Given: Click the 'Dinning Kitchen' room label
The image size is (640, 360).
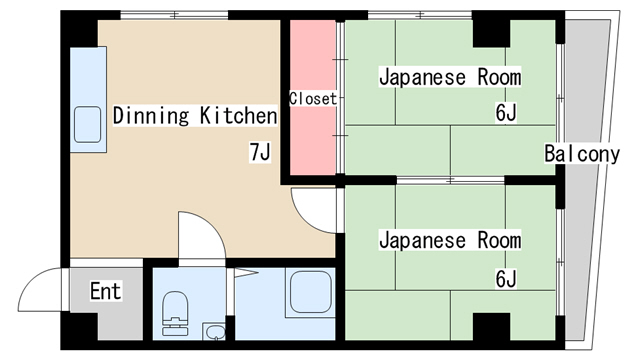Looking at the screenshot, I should (194, 116).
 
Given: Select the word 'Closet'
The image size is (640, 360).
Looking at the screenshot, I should (313, 99).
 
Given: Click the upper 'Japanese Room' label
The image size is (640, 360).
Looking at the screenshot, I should (450, 77).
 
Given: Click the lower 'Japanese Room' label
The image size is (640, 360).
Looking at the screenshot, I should (450, 241).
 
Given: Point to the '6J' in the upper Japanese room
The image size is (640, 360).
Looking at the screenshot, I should (505, 112).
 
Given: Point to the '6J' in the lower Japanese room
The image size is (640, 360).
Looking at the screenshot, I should (505, 277).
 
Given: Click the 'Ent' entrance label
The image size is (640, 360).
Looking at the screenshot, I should (105, 292).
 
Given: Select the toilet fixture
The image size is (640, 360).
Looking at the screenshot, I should (175, 311).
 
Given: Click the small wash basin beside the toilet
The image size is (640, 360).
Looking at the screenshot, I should (213, 331).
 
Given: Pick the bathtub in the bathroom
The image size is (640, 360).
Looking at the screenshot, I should (307, 294).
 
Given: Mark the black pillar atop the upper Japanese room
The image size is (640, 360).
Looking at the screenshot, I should (491, 31).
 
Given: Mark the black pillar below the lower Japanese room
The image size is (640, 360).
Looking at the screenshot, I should (491, 327).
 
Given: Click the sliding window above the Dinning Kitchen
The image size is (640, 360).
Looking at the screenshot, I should (174, 16).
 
